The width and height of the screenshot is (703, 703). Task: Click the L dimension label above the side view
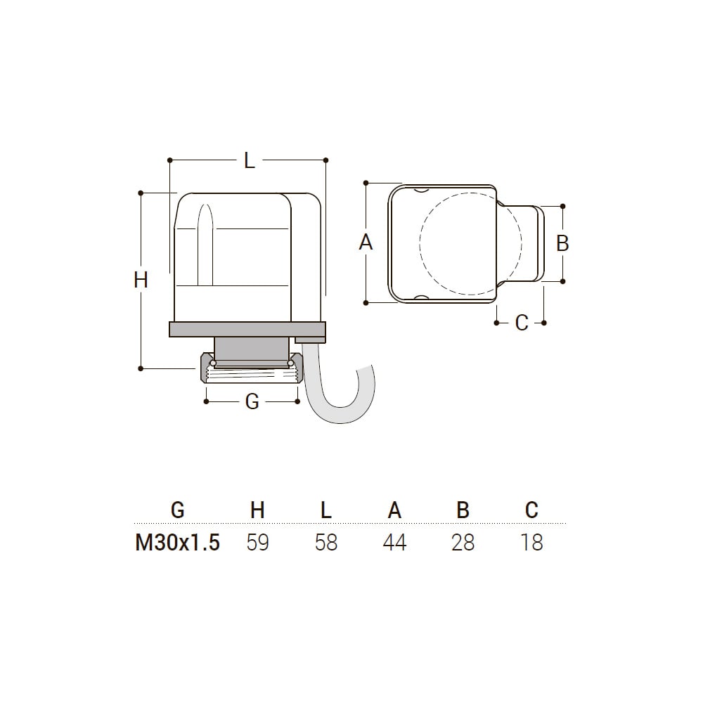click(x=250, y=160)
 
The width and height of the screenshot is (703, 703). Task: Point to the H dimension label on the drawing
click(x=141, y=280)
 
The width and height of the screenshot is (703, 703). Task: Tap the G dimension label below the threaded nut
click(x=252, y=401)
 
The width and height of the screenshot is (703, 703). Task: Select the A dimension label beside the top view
click(x=366, y=243)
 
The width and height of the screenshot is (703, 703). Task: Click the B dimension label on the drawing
click(x=562, y=243)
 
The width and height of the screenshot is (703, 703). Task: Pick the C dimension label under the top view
click(x=522, y=323)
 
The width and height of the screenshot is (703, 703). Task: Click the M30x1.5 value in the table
click(x=178, y=543)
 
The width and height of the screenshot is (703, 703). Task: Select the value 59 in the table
click(x=257, y=543)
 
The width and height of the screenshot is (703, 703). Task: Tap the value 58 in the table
click(x=326, y=543)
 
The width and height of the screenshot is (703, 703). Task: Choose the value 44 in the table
click(x=394, y=543)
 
